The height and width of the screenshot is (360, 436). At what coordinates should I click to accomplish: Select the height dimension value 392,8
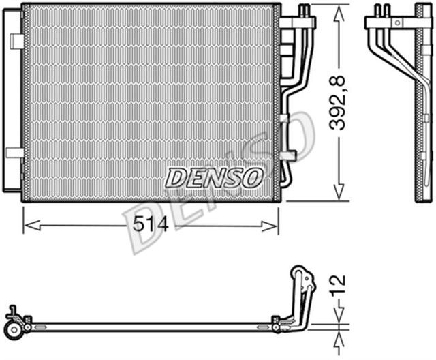(339, 104)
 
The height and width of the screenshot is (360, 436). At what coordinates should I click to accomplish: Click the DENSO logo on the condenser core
(213, 178)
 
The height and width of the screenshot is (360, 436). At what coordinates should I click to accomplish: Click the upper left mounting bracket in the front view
(16, 41)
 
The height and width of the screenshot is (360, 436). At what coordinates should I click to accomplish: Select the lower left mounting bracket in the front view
(15, 153)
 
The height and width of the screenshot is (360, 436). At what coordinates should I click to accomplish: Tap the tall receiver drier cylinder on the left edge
(10, 102)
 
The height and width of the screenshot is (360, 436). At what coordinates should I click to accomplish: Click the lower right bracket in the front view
(287, 156)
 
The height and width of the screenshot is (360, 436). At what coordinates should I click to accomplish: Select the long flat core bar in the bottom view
(150, 326)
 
